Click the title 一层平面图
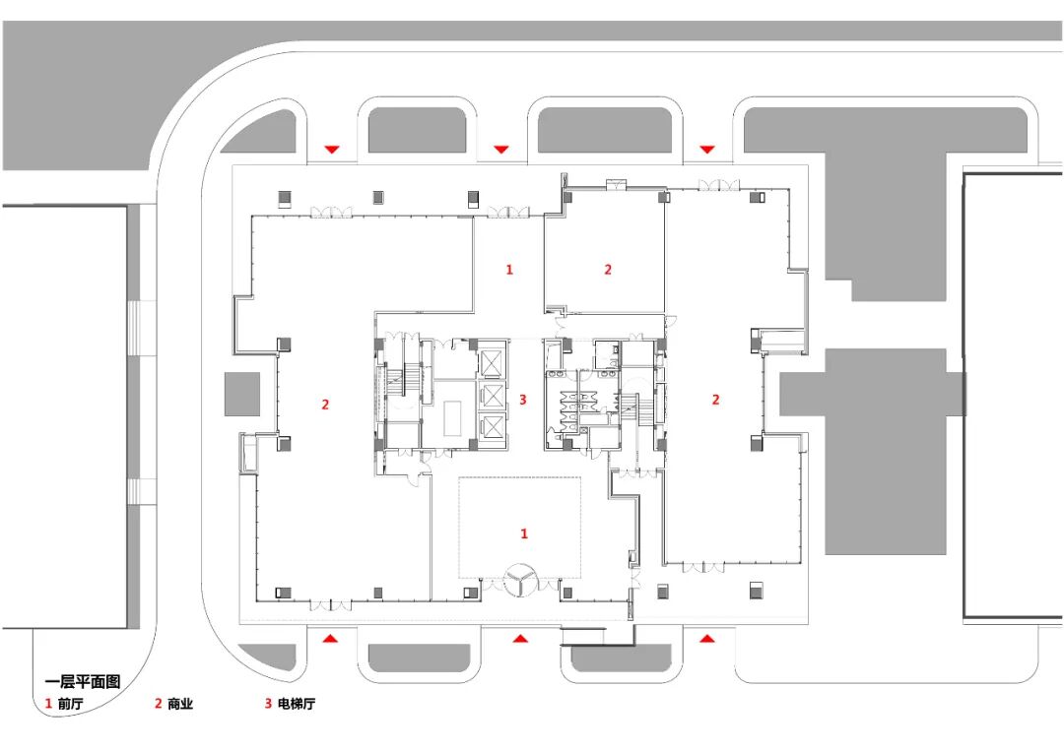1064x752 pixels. [82, 681]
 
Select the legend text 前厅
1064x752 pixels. [70, 704]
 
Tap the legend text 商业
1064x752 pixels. [180, 704]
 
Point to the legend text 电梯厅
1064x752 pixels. [297, 704]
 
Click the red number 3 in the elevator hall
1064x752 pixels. [522, 400]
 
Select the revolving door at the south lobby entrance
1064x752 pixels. [521, 581]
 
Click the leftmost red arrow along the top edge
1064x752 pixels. [331, 150]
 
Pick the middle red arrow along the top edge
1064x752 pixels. [500, 150]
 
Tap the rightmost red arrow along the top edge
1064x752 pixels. [707, 150]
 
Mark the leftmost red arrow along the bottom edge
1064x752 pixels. [330, 638]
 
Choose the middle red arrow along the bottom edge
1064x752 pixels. [520, 638]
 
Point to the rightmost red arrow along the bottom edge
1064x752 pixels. [707, 638]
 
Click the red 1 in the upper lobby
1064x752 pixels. [509, 269]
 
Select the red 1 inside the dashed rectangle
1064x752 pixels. [524, 533]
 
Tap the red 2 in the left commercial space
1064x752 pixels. [325, 405]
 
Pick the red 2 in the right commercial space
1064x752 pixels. [715, 400]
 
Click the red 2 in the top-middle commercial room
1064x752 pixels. [607, 269]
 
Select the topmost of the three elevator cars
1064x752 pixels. [492, 363]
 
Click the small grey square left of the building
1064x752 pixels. [242, 394]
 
